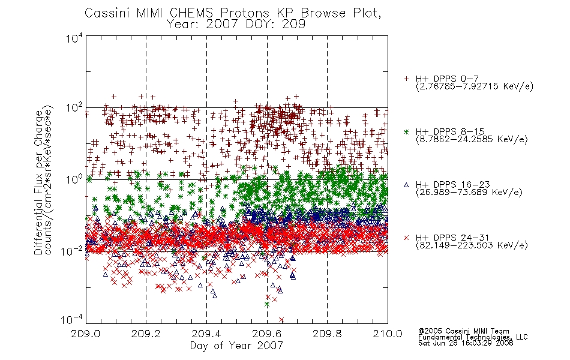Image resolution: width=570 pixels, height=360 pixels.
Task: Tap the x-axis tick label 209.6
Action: [x=266, y=334]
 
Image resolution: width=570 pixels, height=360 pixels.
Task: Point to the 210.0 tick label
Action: [x=388, y=334]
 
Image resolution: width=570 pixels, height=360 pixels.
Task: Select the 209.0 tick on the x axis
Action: [x=85, y=334]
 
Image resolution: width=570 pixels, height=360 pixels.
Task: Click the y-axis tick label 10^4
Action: [x=74, y=38]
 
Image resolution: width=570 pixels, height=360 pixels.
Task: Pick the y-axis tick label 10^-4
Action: [x=71, y=319]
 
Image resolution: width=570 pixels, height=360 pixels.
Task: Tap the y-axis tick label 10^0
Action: [x=74, y=179]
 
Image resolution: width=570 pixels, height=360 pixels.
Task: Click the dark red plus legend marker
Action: [x=406, y=79]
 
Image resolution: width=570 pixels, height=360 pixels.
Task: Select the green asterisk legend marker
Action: [x=406, y=131]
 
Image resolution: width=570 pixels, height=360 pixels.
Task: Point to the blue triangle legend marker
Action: [x=406, y=185]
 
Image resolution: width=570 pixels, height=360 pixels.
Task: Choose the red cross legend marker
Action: [x=406, y=238]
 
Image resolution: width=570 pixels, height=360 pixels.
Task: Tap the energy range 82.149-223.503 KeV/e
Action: [x=472, y=245]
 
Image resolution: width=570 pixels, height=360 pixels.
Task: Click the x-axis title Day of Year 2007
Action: [x=236, y=346]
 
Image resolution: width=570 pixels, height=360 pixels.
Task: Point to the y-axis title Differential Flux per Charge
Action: [x=38, y=182]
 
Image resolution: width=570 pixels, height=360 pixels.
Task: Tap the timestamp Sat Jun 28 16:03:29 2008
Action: [x=466, y=343]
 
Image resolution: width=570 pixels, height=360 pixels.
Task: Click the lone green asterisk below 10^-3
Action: [x=267, y=304]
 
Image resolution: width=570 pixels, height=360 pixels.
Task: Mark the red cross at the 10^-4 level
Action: [x=281, y=320]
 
